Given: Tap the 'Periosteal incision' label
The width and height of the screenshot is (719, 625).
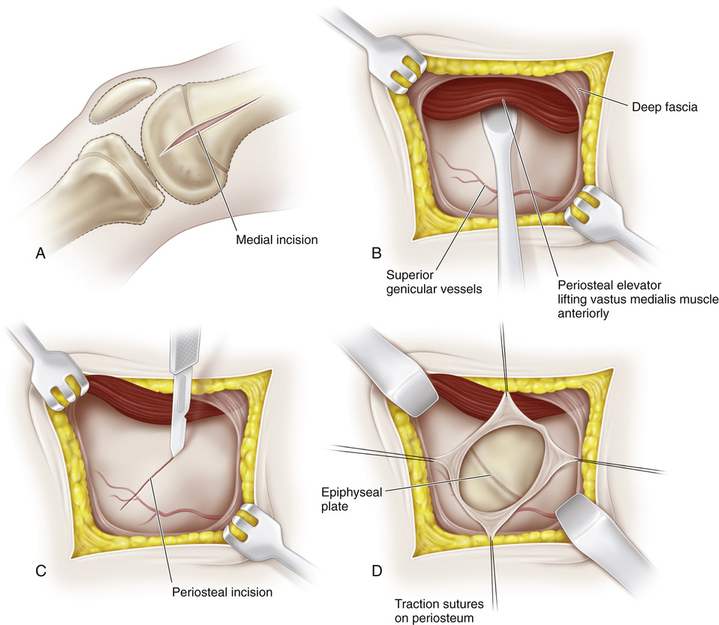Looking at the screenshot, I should pos(221,591).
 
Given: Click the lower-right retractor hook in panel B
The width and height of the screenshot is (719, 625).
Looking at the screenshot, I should pos(585,209).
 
